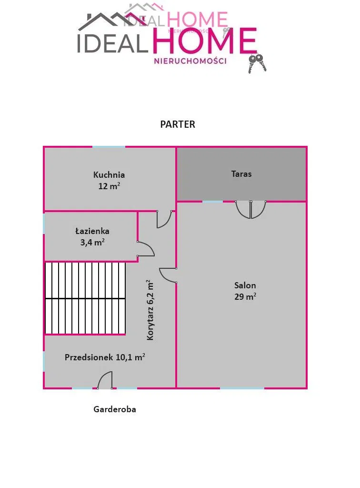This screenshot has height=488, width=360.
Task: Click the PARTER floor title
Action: (178, 124)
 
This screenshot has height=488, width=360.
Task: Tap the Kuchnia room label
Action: (109, 174)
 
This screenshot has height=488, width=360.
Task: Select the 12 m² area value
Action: (109, 186)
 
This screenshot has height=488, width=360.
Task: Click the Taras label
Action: (241, 173)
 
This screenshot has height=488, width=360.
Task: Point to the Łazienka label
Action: (92, 231)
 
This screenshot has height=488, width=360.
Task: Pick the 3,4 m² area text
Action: (92, 242)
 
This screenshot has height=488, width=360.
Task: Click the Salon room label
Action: (245, 285)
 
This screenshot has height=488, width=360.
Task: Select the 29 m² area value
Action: (245, 296)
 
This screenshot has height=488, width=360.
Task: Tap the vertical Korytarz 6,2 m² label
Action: (150, 310)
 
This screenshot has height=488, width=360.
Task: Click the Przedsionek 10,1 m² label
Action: (105, 357)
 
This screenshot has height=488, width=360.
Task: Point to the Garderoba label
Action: (115, 409)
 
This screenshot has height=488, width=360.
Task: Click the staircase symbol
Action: (85, 298)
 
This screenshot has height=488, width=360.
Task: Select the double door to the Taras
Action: (250, 210)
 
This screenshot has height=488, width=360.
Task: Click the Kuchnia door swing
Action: (164, 219)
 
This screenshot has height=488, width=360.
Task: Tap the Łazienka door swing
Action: (146, 249)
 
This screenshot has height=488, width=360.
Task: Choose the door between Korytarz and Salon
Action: (168, 275)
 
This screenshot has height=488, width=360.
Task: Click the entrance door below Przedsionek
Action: (105, 380)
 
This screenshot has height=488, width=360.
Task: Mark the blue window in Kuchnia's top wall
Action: (109, 147)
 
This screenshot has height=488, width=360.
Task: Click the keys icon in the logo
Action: (257, 63)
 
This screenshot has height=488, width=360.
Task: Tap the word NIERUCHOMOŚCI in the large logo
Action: (190, 61)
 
